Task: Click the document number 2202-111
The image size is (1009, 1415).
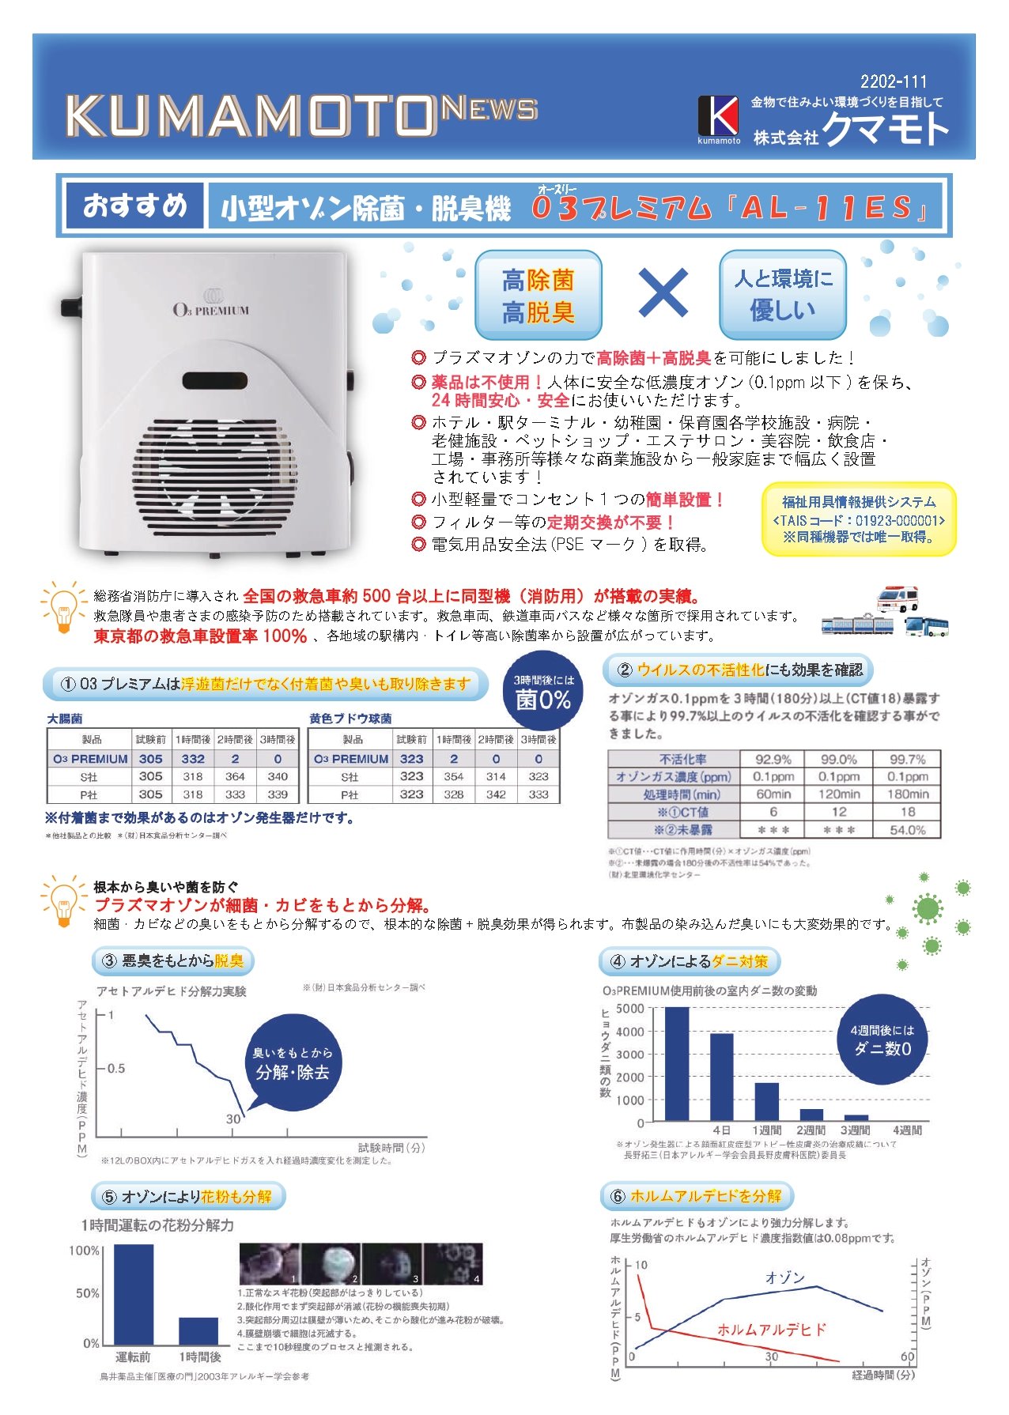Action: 894,81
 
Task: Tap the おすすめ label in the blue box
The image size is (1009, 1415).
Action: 135,206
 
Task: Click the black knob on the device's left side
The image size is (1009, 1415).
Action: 71,307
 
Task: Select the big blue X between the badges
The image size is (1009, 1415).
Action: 663,292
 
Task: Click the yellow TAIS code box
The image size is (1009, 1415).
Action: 858,519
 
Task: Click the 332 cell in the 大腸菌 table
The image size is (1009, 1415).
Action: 193,759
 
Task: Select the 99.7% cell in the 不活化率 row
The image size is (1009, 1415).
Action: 907,760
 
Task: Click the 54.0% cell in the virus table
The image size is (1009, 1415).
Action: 907,830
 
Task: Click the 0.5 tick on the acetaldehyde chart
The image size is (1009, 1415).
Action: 115,1069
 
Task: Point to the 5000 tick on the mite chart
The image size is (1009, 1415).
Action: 629,1009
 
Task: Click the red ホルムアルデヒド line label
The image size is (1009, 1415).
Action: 772,1330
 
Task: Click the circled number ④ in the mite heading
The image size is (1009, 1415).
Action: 618,962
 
